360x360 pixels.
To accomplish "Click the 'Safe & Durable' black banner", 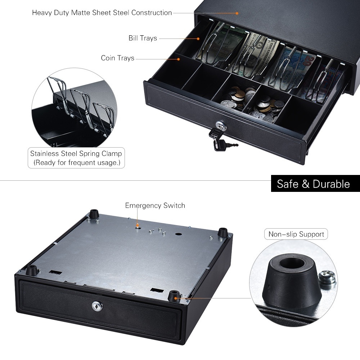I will (313, 184).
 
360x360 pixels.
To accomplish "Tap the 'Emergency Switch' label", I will (155, 206).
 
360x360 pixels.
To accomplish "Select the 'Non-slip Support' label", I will (296, 234).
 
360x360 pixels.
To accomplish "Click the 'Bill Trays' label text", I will (143, 38).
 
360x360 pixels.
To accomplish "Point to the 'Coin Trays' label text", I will (117, 58).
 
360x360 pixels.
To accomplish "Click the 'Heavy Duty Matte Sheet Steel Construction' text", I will (102, 13).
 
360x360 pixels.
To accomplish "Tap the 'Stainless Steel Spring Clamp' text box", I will (76, 158).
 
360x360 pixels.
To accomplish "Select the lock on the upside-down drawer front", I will (96, 306).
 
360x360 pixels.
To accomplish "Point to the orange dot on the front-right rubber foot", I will (176, 297).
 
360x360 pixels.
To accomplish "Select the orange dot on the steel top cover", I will (237, 13).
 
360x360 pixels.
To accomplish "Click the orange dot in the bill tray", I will (198, 38).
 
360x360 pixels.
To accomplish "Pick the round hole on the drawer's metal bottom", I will (178, 234).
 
